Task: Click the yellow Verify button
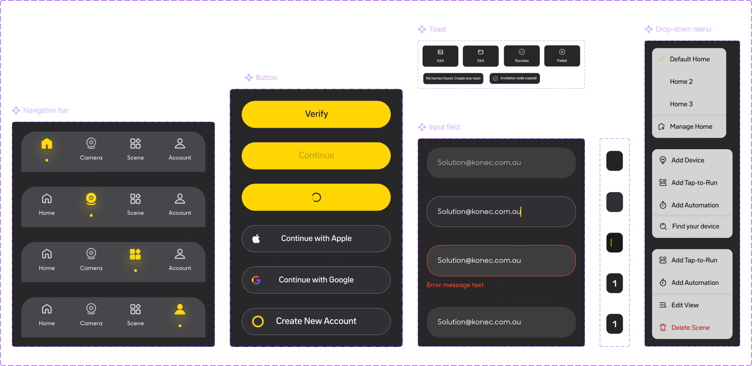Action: pos(316,114)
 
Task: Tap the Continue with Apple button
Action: pos(316,239)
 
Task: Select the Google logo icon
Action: pos(256,280)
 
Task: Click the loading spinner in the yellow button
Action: pos(316,197)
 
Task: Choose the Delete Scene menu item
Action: pos(691,328)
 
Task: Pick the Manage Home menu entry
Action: pos(691,127)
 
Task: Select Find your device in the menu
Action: pos(696,226)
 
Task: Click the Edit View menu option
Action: pos(685,305)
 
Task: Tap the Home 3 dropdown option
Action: pos(681,104)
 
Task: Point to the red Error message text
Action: pos(455,285)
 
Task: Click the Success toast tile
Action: pos(522,56)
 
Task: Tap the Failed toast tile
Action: pos(562,56)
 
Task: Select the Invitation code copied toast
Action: pos(514,78)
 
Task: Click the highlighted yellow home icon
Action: pos(47,144)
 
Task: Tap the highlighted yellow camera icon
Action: pos(91,199)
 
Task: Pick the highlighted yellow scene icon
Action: pos(135,254)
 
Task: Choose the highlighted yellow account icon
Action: pos(180,309)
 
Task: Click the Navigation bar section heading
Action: pos(45,111)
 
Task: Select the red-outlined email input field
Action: pos(501,261)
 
